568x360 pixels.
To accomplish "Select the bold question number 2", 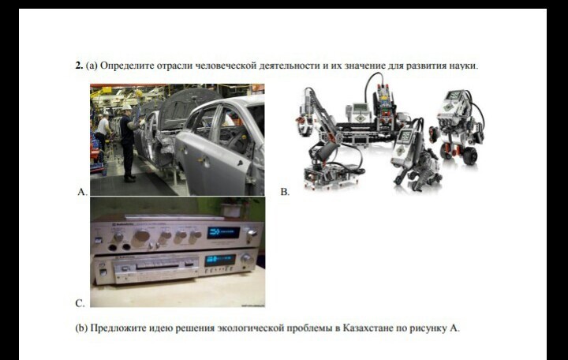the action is point(79,66).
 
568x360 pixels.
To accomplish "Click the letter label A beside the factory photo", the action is point(82,192).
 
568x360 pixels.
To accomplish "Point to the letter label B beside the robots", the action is point(285,192).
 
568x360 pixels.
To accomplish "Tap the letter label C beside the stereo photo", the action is point(80,303).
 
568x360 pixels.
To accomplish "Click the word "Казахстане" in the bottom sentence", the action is point(368,328).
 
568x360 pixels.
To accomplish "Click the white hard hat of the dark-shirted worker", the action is point(126,107).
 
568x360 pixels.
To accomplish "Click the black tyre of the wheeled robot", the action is point(469,156).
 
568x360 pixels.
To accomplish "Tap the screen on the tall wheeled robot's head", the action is point(454,96).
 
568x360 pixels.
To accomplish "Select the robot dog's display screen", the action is point(405,137).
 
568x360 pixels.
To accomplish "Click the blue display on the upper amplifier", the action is point(223,232).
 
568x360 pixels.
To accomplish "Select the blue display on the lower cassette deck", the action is point(220,260).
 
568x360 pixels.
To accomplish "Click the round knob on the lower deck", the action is point(246,259).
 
